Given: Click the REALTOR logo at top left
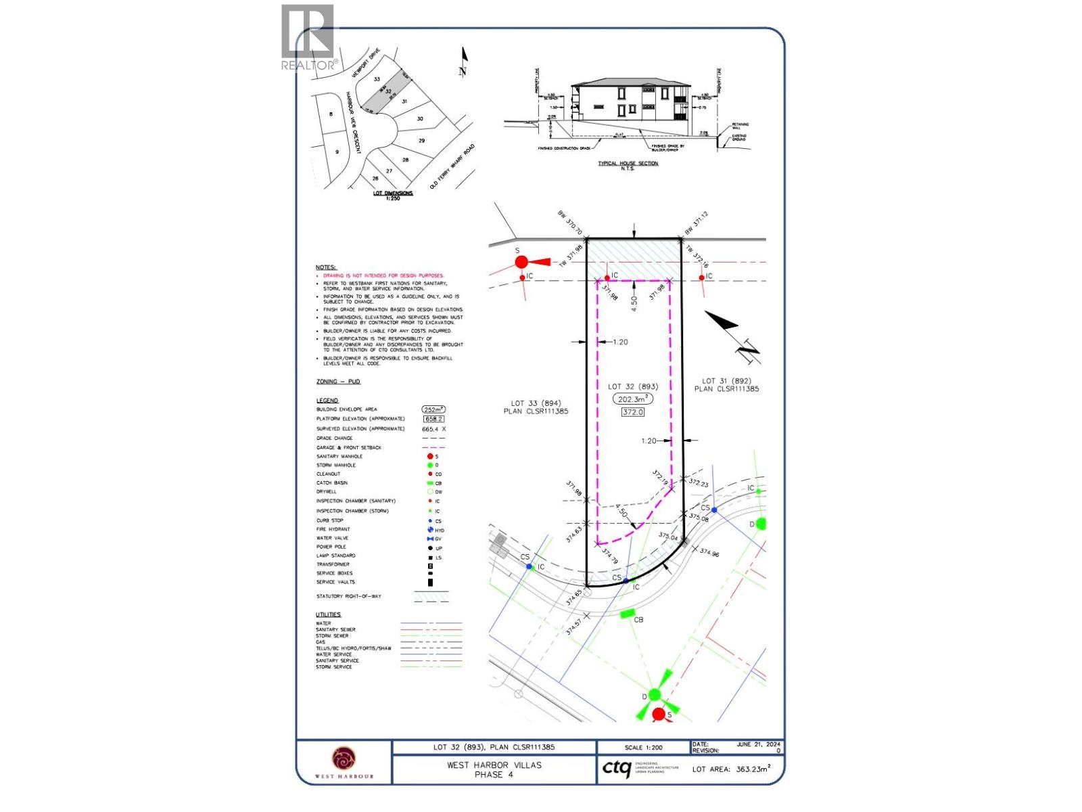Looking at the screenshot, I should (x=308, y=37).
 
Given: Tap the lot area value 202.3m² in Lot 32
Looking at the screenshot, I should (x=633, y=399).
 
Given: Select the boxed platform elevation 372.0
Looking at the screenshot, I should (x=633, y=411).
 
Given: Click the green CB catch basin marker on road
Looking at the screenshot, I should (x=627, y=614).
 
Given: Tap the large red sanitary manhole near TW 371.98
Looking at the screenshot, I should (x=521, y=262).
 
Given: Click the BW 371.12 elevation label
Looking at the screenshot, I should (x=697, y=224).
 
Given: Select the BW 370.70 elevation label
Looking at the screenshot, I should (x=570, y=223).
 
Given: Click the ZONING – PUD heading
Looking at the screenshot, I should (x=338, y=382).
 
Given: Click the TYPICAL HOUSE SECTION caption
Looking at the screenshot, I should (x=628, y=163).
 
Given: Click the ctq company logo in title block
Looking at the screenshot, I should (x=616, y=769).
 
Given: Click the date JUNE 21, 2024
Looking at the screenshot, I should (x=759, y=744).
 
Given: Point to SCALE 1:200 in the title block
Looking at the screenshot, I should (x=644, y=748).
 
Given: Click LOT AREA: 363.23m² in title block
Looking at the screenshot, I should (x=731, y=769).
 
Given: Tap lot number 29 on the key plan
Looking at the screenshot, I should (x=421, y=141).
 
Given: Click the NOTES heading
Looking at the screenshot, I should (x=325, y=268).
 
